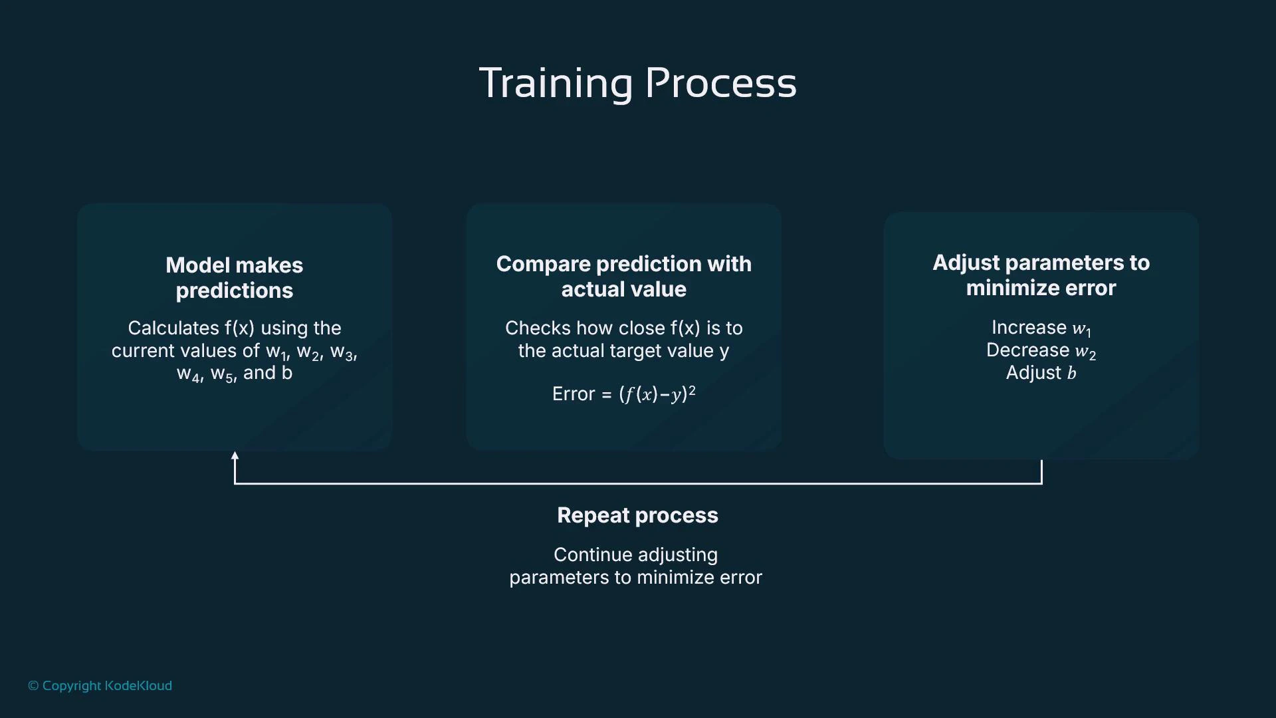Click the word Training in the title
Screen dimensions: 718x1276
[556, 83]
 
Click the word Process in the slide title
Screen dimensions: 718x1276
[720, 83]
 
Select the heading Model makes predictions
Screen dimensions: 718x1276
[234, 278]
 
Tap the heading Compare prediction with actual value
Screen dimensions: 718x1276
[623, 277]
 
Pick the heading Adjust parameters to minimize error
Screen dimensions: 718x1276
[1041, 275]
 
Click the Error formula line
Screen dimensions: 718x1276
[623, 394]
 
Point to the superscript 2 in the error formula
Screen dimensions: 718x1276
[692, 390]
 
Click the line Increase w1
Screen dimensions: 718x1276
[1041, 328]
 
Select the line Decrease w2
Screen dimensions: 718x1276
[1041, 350]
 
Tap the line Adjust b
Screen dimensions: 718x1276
[1041, 373]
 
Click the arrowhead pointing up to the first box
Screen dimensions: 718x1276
[235, 456]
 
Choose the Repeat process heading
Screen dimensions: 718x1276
[637, 515]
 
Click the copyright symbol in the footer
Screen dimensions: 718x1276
[33, 685]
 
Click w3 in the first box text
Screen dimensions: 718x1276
[342, 352]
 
